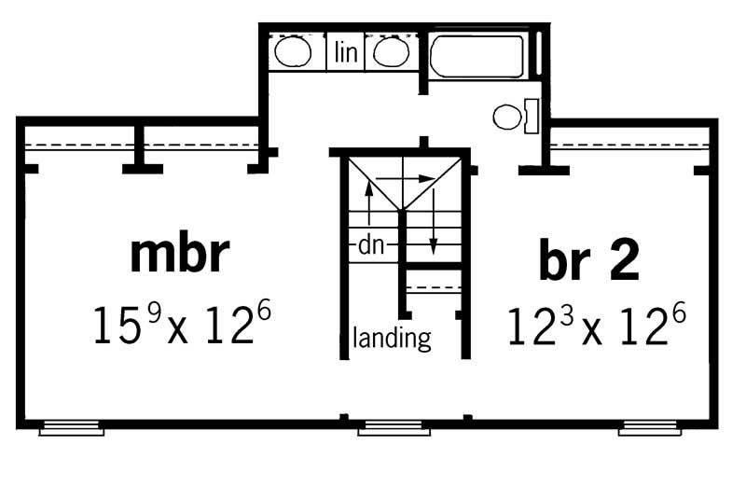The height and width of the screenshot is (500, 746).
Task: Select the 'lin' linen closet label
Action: (346, 53)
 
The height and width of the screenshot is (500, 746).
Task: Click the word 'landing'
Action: (393, 337)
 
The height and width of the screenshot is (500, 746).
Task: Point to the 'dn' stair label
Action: (370, 247)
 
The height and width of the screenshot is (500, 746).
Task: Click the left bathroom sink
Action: (293, 51)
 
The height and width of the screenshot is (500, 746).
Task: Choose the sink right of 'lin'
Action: (389, 51)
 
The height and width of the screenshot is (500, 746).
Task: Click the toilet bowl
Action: (507, 118)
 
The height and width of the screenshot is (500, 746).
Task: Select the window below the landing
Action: (394, 429)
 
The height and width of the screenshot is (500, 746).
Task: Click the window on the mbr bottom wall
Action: (71, 429)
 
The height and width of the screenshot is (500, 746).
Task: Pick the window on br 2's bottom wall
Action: (650, 429)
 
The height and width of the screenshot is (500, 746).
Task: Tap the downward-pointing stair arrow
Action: (434, 224)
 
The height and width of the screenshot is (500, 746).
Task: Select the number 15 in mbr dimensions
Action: (117, 324)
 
